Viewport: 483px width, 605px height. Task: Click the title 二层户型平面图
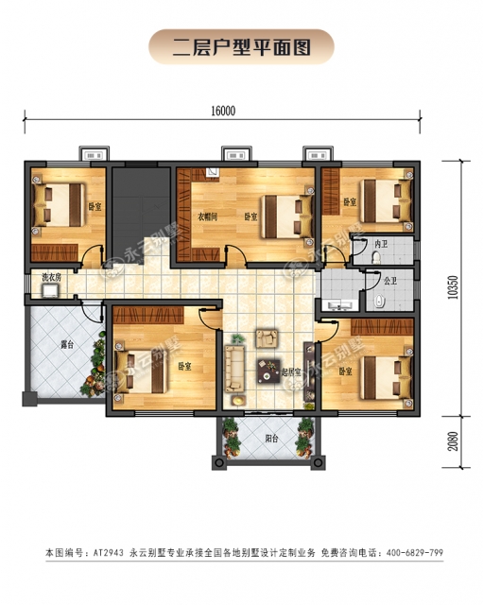(x=242, y=46)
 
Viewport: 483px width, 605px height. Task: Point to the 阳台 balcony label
(x=271, y=438)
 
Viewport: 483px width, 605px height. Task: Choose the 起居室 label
(x=291, y=372)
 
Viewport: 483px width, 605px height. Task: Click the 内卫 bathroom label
(x=382, y=245)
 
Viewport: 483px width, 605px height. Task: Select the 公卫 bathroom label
(x=389, y=280)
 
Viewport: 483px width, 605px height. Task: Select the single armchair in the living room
(x=267, y=337)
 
